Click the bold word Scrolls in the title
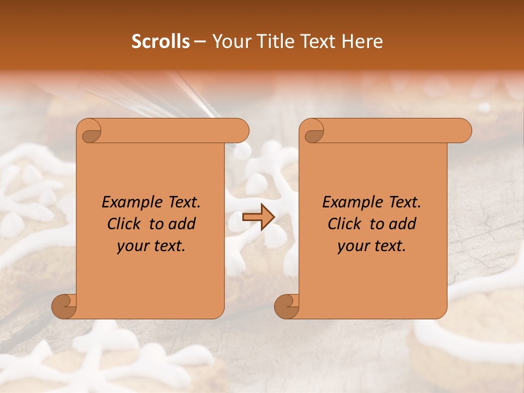(160, 41)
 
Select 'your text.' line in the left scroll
(151, 246)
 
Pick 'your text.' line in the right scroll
(371, 246)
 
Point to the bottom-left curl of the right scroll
(287, 306)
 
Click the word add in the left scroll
(182, 224)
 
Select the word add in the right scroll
(403, 224)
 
